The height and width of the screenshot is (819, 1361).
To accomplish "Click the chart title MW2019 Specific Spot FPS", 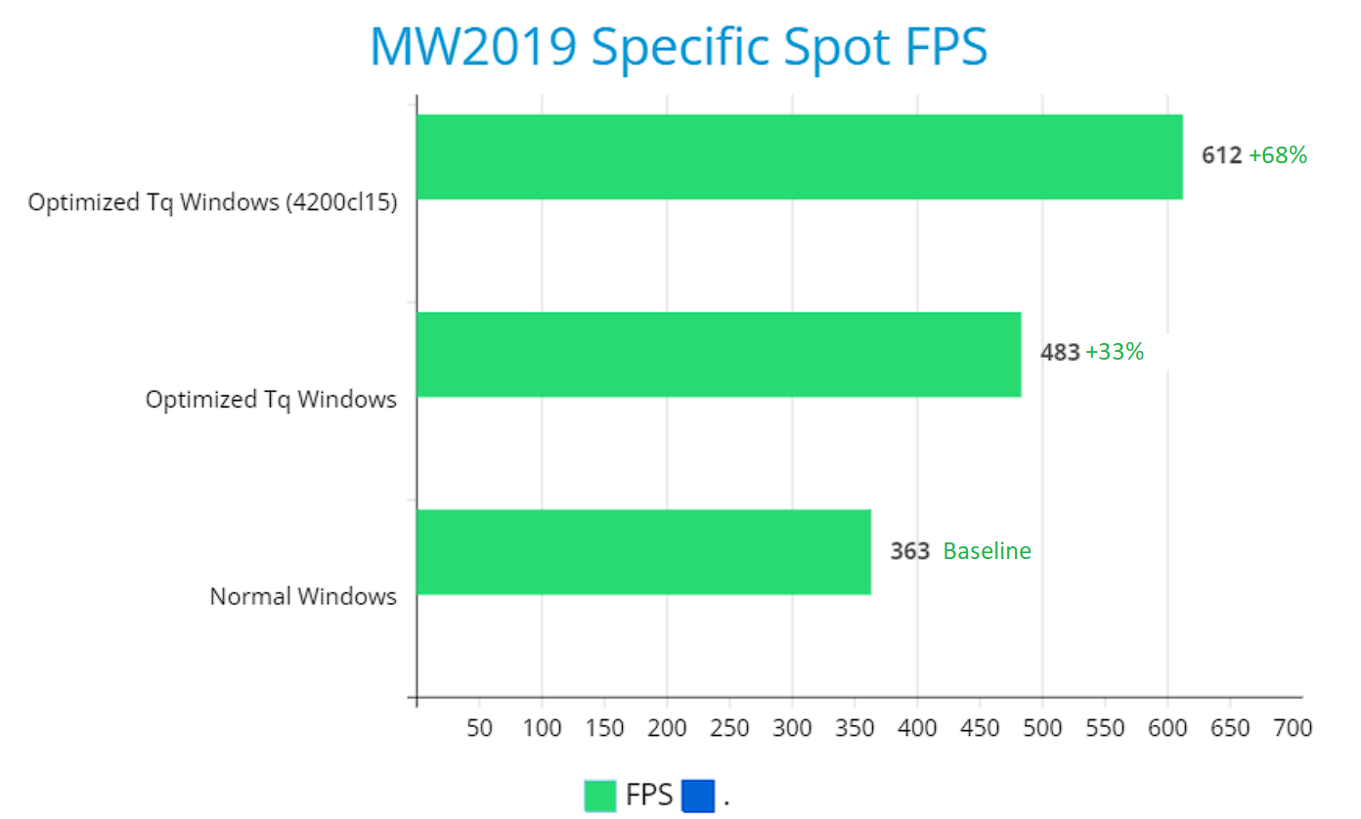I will click(679, 46).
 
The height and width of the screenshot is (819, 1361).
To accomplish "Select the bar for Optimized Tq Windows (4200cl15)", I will click(799, 156).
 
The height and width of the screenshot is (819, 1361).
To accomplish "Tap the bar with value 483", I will click(719, 354).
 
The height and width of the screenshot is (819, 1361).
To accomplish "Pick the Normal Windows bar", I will click(643, 551).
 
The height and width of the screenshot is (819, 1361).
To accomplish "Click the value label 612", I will click(1221, 155).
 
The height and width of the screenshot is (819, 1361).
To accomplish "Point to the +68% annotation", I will click(1278, 155).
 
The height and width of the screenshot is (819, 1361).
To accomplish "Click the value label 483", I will click(1060, 353).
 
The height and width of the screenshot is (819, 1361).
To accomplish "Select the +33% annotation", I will click(1115, 352).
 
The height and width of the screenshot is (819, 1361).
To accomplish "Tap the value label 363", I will click(909, 551).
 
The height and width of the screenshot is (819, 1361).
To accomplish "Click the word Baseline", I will click(987, 551).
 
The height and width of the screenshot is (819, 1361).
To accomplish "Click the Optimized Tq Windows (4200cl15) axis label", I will click(212, 203).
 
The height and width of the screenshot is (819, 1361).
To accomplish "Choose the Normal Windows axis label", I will click(303, 596).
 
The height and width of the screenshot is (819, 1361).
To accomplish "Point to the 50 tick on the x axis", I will click(479, 728).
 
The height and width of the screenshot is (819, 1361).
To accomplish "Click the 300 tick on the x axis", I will click(792, 728).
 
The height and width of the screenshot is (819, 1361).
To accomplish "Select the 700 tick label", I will click(1293, 728).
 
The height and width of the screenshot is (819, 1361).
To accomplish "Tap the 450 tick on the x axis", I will click(980, 728).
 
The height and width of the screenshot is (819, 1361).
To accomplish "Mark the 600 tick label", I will click(1167, 728).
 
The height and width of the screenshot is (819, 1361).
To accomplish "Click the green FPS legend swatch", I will click(600, 796).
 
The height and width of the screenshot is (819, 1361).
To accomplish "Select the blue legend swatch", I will click(698, 796).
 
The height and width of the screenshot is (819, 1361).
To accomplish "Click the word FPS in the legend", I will click(649, 796).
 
